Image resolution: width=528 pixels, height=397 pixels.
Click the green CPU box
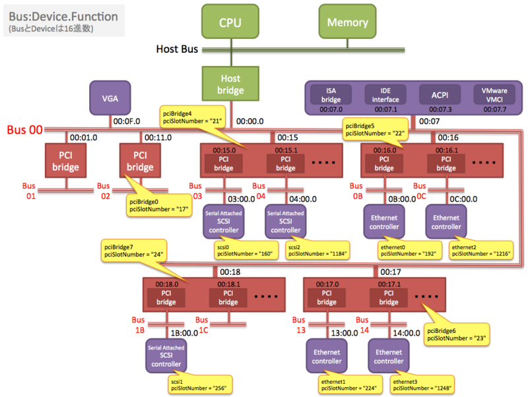230,22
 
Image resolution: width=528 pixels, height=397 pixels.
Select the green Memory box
348,22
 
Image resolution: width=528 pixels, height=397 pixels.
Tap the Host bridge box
230,84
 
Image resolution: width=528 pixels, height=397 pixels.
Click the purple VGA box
110,98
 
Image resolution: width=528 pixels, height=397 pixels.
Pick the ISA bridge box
331,95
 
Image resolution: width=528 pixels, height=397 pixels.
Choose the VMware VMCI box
494,95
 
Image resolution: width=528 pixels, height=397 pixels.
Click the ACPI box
440,95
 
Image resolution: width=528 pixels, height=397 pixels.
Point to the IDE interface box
385,95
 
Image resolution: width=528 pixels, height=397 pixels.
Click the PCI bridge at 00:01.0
65,160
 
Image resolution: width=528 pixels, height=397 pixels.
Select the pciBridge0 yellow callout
159,205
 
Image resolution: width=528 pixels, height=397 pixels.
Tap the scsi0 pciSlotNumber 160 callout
246,251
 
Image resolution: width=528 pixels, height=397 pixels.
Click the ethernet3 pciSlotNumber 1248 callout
422,385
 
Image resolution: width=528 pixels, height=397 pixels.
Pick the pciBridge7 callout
134,251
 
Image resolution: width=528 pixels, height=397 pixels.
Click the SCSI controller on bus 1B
166,355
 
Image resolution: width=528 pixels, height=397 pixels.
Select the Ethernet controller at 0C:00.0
446,222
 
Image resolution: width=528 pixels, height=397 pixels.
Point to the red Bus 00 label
25,129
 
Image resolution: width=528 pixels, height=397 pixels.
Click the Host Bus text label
177,49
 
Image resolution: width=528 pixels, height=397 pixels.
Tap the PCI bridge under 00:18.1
228,297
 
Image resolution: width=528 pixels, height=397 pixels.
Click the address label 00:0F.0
127,121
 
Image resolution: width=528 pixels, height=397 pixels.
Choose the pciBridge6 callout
456,334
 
